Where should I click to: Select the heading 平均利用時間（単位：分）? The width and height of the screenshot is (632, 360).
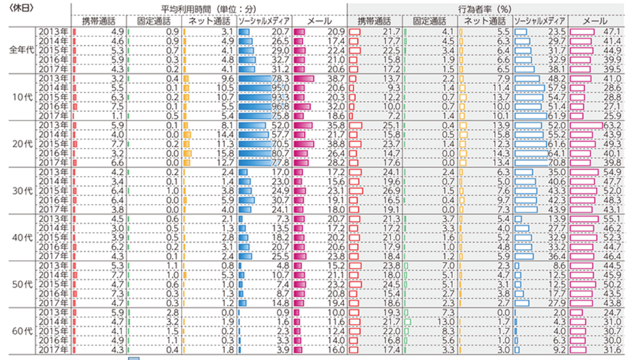click(208, 8)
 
